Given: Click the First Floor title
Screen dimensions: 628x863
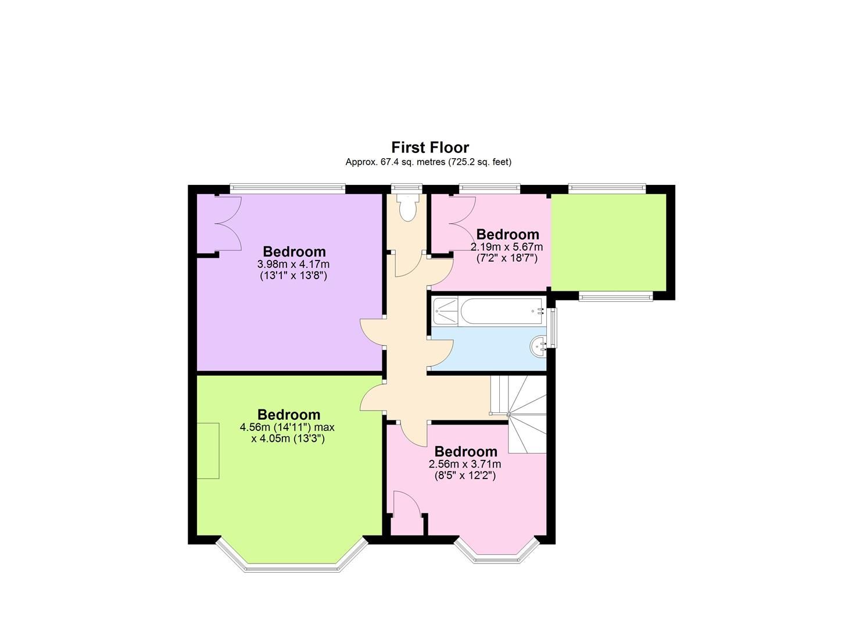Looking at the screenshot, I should (429, 147).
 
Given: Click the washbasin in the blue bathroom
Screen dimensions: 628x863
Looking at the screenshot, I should (538, 347).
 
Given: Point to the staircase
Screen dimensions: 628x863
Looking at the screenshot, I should (518, 413).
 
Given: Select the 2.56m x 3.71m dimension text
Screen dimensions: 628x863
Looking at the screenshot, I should (465, 464).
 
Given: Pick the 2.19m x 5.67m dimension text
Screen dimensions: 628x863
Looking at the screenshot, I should (507, 247).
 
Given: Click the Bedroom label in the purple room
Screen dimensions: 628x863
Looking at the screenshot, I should (294, 252).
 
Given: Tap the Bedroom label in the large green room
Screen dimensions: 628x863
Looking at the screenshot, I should (289, 415).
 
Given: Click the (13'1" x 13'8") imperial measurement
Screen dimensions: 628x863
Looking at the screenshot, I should (293, 276).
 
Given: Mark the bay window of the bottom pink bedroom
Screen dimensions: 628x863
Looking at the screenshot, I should (497, 557).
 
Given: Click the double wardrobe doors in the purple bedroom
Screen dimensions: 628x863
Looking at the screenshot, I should (227, 224).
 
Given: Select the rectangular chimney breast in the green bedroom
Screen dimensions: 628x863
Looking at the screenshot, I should (207, 451).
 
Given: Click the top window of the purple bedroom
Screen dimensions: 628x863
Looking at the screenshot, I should (287, 188).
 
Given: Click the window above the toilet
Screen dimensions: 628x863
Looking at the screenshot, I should (406, 188).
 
